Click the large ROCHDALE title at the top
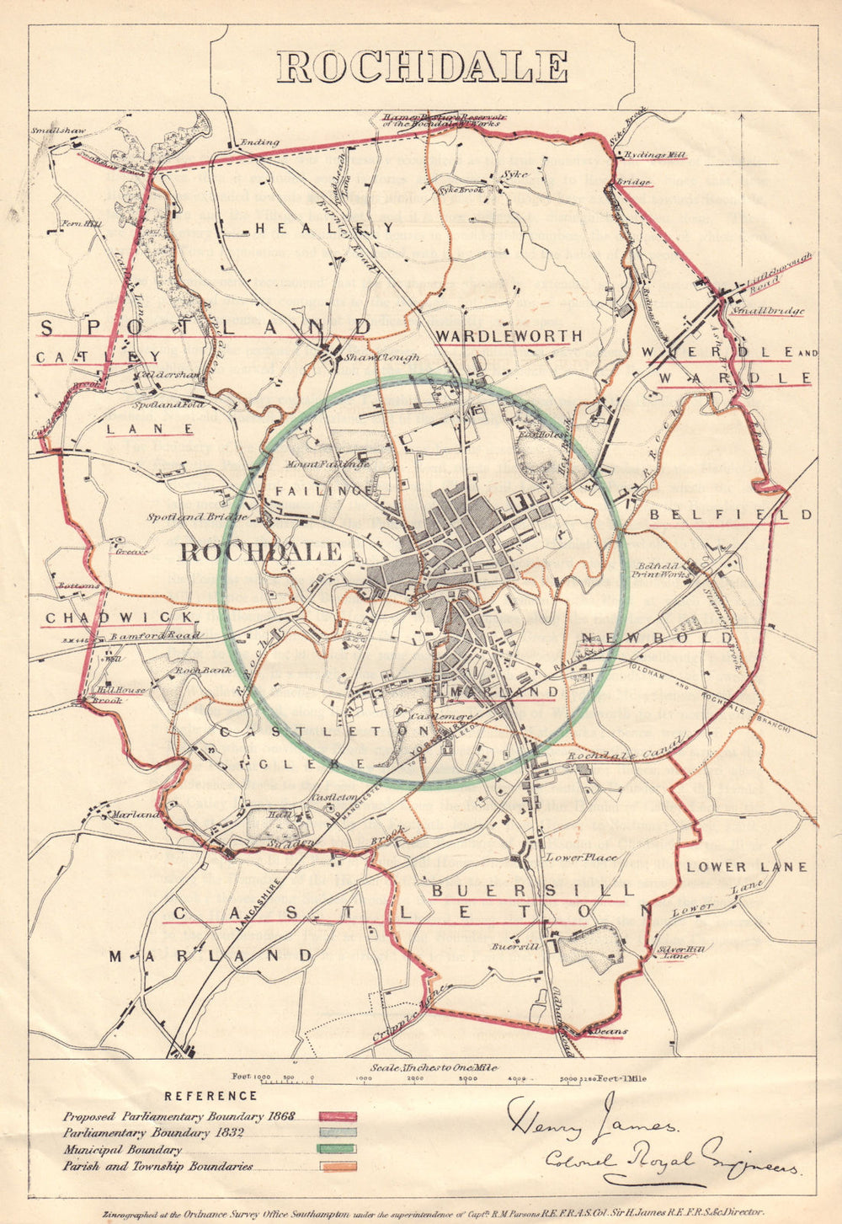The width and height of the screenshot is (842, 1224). pos(422,67)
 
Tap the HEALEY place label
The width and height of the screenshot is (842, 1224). pos(324,227)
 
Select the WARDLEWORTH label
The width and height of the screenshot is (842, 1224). pos(509,336)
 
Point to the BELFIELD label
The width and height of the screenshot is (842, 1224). pos(730,514)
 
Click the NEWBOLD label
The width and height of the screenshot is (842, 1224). pos(658,638)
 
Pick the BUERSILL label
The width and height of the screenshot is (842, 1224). pos(532,890)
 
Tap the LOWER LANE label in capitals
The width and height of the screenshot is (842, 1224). pos(746,867)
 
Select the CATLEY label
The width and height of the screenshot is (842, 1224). pos(98,356)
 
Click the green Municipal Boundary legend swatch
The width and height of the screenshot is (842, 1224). pos(338,1149)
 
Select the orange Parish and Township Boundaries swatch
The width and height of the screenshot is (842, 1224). pos(338,1167)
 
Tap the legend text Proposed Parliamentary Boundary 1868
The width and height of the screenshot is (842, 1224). pos(179,1116)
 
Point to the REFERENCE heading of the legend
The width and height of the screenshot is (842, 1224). pos(210,1096)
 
